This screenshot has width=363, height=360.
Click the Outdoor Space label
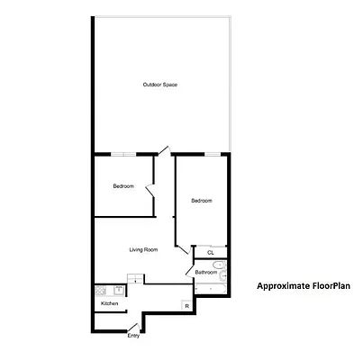[x=159, y=85]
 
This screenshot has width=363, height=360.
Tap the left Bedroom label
[x=123, y=186]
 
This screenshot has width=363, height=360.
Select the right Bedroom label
[x=201, y=201]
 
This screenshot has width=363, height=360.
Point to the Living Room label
[x=144, y=249]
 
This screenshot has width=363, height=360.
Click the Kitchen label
[x=109, y=304]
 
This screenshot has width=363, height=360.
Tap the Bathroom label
[x=206, y=272]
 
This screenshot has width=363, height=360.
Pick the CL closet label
[x=211, y=253]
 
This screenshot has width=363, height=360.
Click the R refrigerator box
[x=186, y=306]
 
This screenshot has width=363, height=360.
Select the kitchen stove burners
[x=100, y=291]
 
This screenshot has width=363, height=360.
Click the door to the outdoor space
[x=162, y=149]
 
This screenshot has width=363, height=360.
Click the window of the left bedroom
[x=123, y=154]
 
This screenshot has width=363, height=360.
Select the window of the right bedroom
[x=213, y=154]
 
